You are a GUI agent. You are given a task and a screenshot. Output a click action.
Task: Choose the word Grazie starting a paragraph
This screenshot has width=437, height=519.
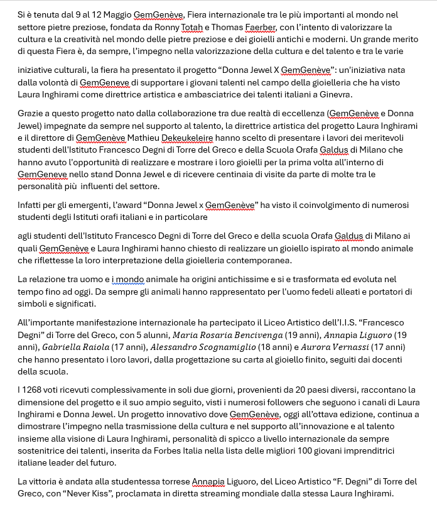(31, 113)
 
